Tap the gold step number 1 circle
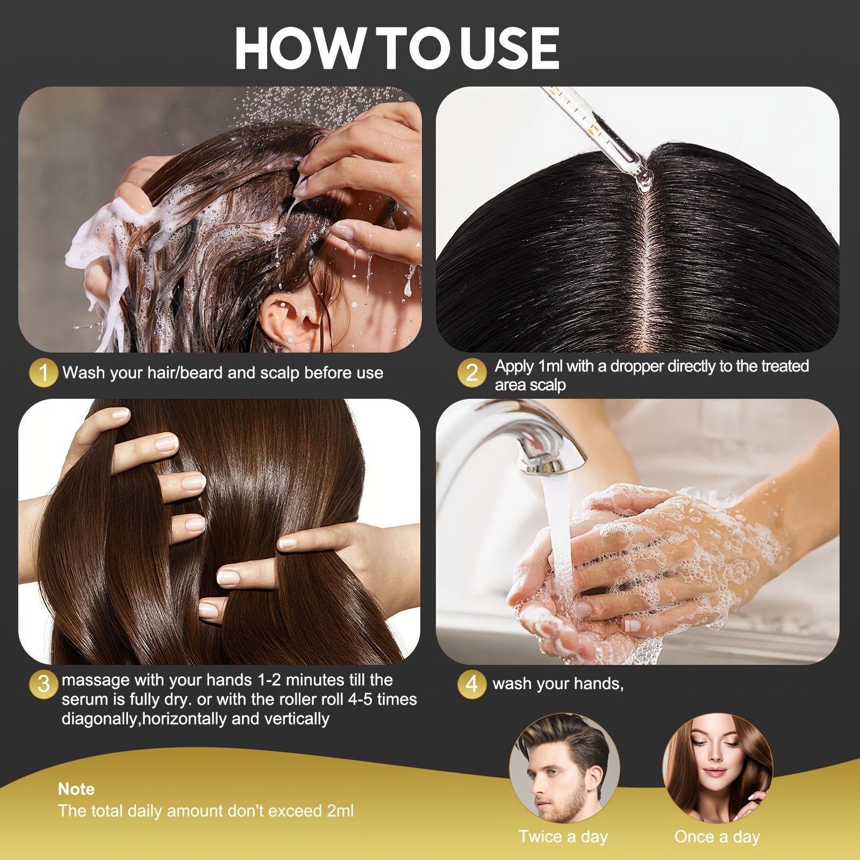(x=44, y=372)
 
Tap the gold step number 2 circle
(x=471, y=372)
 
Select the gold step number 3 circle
(x=44, y=684)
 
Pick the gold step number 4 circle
(x=471, y=684)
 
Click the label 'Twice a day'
(x=563, y=837)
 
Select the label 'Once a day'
(x=717, y=837)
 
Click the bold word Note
(x=76, y=789)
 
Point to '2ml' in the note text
(x=340, y=811)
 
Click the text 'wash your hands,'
(x=558, y=684)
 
